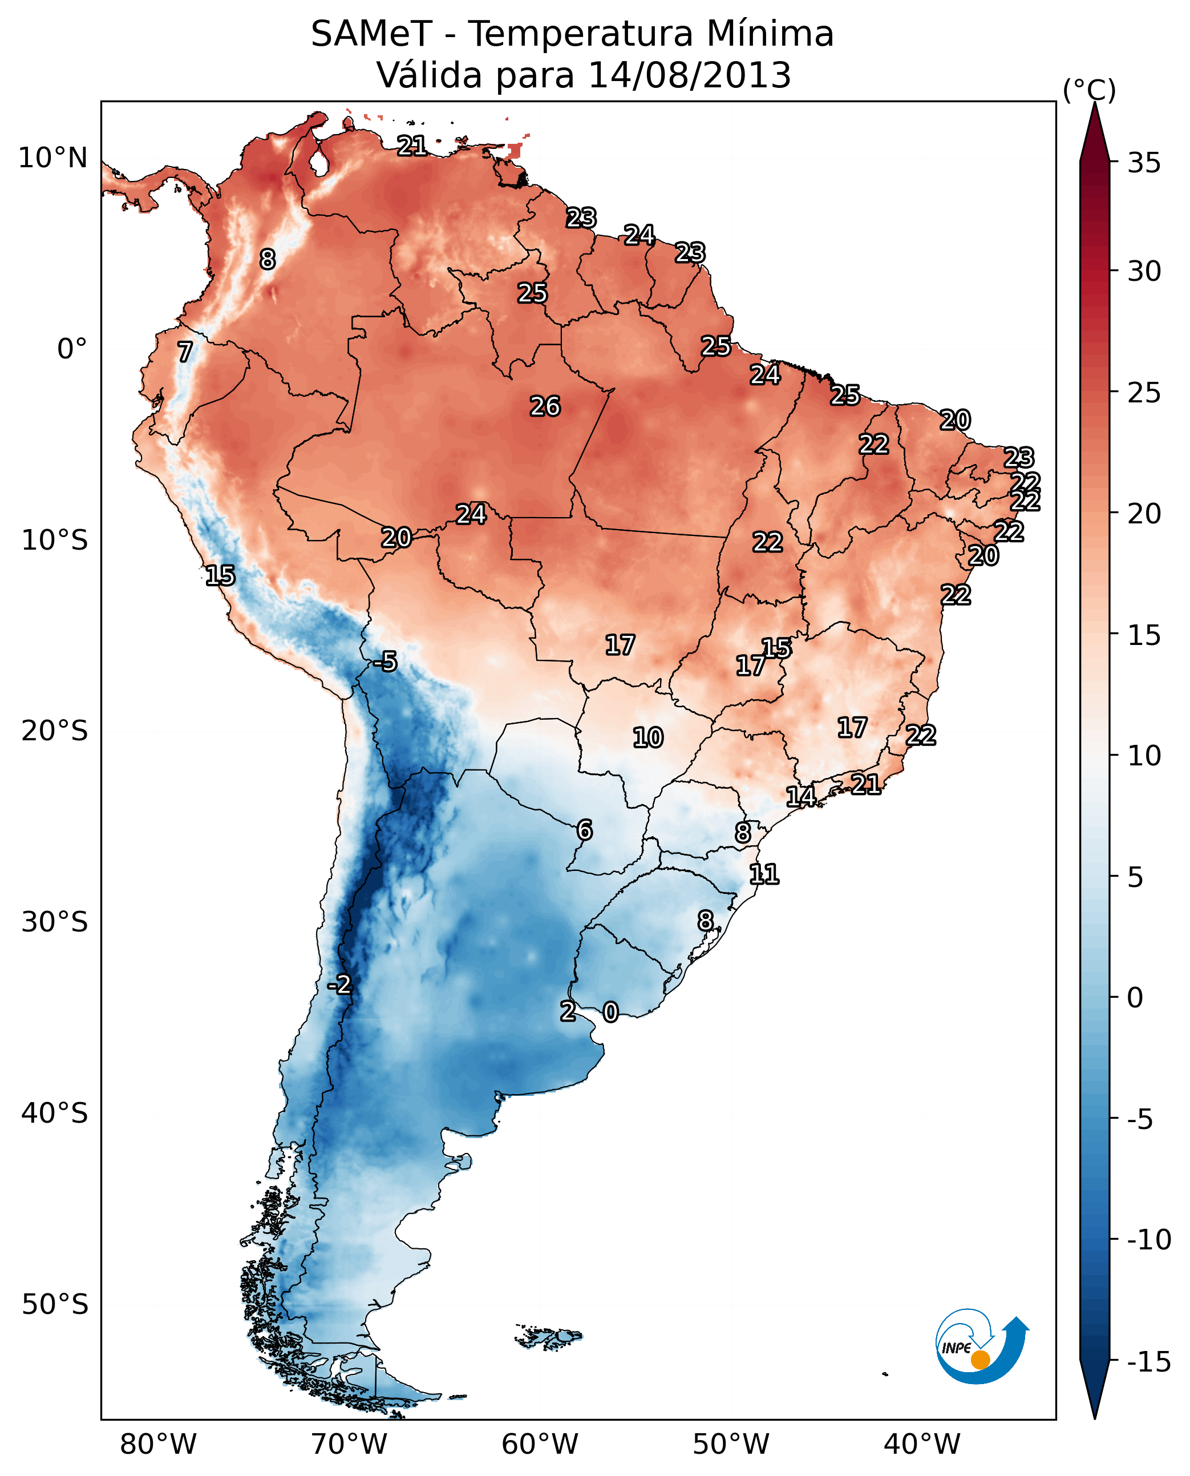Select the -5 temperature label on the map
tap(385, 661)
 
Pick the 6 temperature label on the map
tap(584, 830)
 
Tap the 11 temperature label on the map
tap(764, 874)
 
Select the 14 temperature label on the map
tap(800, 796)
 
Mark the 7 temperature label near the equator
tap(184, 352)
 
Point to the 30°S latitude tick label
tap(54, 922)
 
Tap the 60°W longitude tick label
tap(540, 1444)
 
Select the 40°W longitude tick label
tap(921, 1444)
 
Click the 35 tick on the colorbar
tap(1144, 163)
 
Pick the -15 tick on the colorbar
tap(1149, 1361)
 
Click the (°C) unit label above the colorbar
tap(1089, 90)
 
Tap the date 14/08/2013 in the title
tap(689, 75)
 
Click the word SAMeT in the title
tap(371, 34)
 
